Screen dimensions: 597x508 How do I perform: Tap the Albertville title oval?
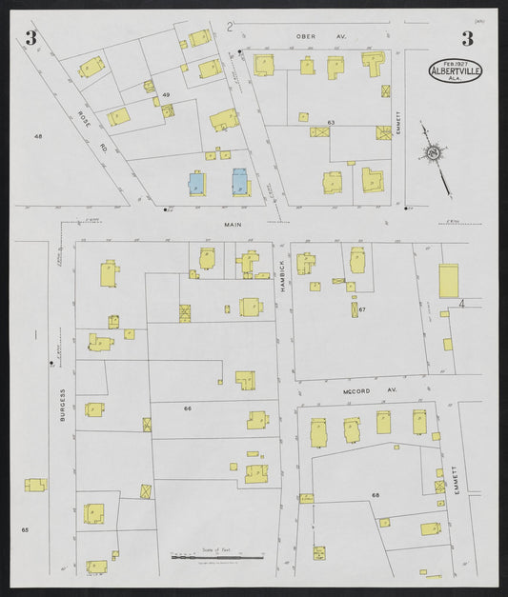[x=456, y=68]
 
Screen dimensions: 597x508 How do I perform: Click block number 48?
[x=39, y=136]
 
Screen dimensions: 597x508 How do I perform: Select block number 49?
[x=166, y=95]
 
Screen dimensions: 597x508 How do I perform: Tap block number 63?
[x=331, y=123]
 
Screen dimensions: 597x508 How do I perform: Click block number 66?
[x=188, y=408]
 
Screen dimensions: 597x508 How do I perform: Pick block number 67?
[x=363, y=309]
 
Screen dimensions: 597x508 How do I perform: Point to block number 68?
[x=376, y=495]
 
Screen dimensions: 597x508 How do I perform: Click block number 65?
[x=26, y=529]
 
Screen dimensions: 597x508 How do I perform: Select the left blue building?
[x=195, y=182]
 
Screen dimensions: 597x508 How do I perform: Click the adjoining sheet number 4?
[x=460, y=303]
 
